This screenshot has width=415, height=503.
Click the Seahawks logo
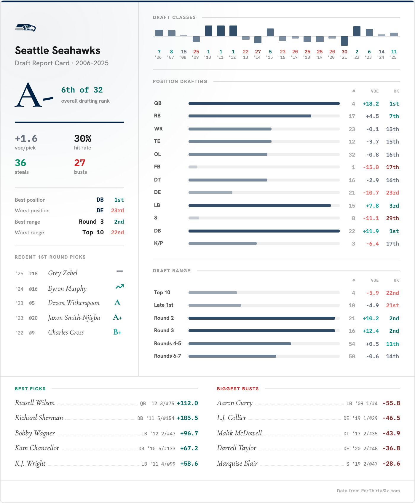point(25,28)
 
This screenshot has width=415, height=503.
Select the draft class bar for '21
point(344,41)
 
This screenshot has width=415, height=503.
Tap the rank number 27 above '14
point(258,52)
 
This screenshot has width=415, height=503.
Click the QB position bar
point(264,104)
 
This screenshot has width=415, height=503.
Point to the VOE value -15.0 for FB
point(371,167)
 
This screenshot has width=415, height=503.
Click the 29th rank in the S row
point(392,218)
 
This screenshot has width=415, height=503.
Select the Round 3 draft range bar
point(261,331)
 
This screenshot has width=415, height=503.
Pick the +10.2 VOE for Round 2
point(371,319)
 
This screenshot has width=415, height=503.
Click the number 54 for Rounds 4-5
point(352,344)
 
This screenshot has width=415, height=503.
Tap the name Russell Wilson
point(35,403)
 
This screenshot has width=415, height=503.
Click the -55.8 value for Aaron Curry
point(391,403)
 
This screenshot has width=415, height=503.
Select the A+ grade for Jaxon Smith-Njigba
point(117,318)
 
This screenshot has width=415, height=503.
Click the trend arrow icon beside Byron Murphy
point(119,287)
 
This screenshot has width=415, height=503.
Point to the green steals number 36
point(20,163)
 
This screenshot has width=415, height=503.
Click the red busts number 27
point(80,163)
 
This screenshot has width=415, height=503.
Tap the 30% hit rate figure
point(83,139)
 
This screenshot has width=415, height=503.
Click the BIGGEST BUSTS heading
point(238,389)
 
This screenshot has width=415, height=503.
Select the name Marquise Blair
point(237,464)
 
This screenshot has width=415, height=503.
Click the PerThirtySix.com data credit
point(368,491)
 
